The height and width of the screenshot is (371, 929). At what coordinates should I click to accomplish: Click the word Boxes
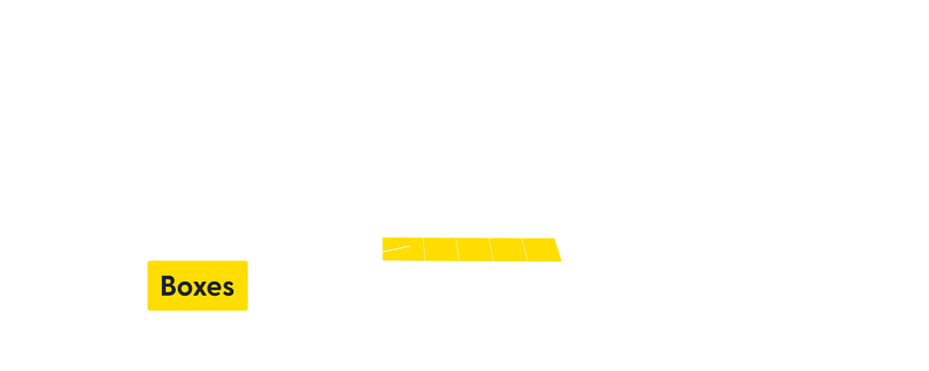pyautogui.click(x=197, y=287)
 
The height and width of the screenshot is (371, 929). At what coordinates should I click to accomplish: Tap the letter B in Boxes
pyautogui.click(x=168, y=287)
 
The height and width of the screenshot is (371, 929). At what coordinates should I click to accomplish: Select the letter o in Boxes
pyautogui.click(x=186, y=288)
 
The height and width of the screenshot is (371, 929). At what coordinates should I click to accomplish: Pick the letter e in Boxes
pyautogui.click(x=215, y=288)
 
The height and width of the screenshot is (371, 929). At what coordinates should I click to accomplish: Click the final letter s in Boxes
pyautogui.click(x=228, y=288)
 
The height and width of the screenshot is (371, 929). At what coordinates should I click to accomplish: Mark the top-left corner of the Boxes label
pyautogui.click(x=147, y=260)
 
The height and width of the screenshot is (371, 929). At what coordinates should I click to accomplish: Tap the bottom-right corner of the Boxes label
pyautogui.click(x=247, y=311)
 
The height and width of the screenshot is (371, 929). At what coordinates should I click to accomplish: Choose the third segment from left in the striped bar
pyautogui.click(x=474, y=249)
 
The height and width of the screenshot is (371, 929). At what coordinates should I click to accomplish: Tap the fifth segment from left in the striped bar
pyautogui.click(x=542, y=249)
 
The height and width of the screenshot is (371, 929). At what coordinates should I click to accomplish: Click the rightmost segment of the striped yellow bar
pyautogui.click(x=581, y=249)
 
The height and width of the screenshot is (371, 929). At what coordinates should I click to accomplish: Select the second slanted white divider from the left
pyautogui.click(x=458, y=249)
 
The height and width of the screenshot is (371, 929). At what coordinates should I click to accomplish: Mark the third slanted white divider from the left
pyautogui.click(x=491, y=249)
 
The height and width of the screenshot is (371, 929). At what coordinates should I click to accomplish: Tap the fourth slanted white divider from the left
pyautogui.click(x=524, y=249)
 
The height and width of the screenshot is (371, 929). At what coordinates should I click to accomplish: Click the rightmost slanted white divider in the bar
pyautogui.click(x=559, y=249)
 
